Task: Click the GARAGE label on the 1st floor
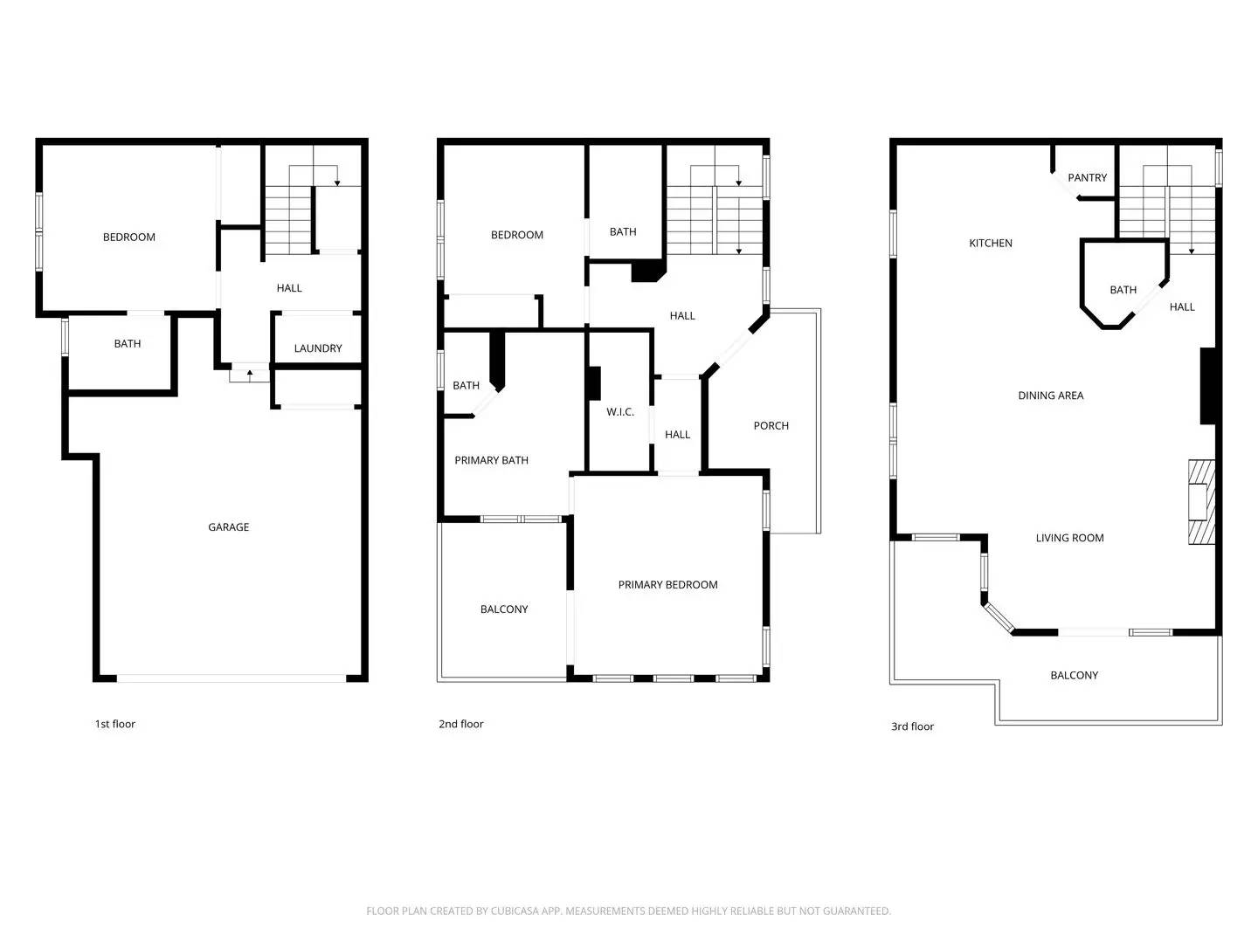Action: (x=228, y=527)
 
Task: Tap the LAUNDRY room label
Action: (x=318, y=348)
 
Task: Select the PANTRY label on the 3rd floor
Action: (x=1087, y=178)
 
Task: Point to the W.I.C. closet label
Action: (x=620, y=412)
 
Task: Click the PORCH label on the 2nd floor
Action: (x=771, y=426)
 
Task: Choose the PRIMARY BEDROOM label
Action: (x=667, y=585)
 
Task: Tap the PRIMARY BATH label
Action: (x=491, y=461)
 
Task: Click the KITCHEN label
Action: (x=991, y=244)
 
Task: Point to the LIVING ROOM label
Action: (x=1069, y=539)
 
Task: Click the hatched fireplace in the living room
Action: (x=1201, y=502)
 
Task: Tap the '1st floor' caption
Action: (x=115, y=724)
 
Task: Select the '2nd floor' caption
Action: (x=460, y=724)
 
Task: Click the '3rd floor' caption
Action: (x=912, y=726)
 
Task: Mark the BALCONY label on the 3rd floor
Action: (x=1074, y=676)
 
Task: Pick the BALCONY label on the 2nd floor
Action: (x=504, y=609)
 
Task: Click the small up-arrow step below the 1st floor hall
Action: (x=250, y=375)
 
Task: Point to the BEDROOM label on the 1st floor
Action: (x=129, y=237)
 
